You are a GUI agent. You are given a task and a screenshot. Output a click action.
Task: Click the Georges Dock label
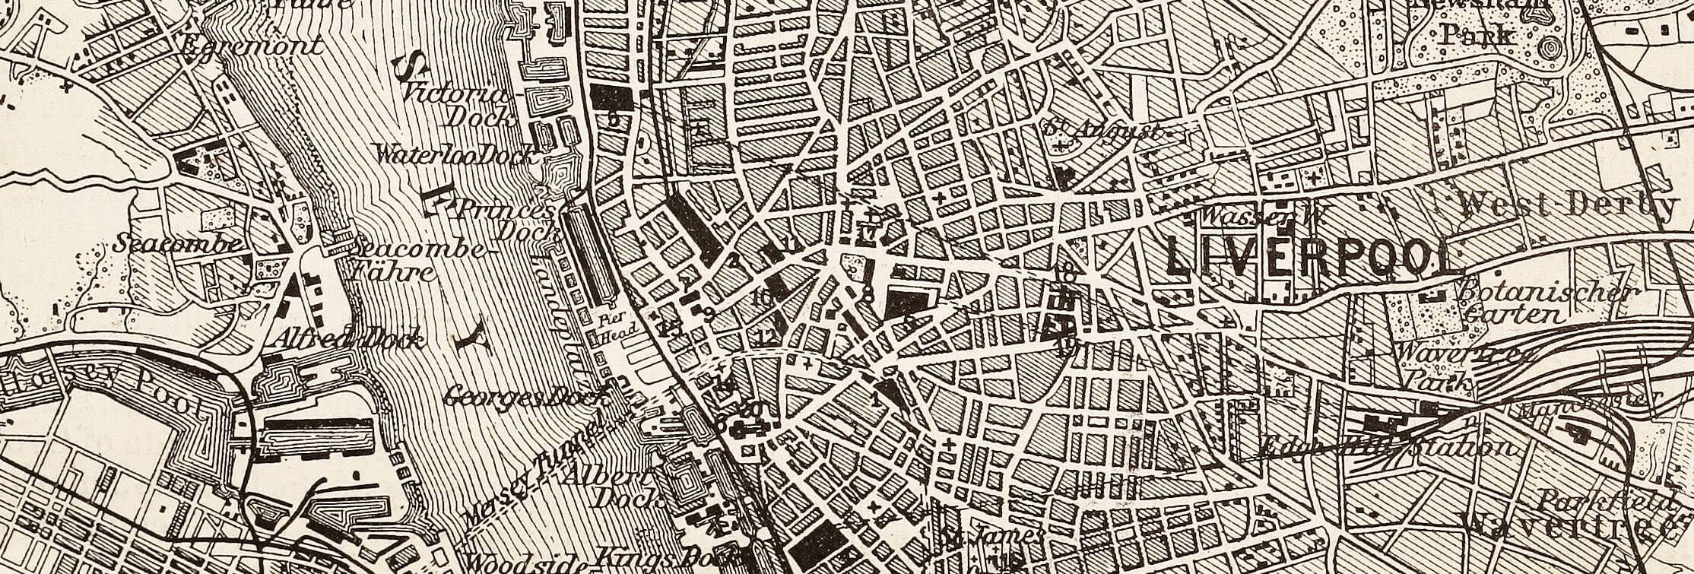(525, 395)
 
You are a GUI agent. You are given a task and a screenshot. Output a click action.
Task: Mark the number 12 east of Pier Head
(769, 337)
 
